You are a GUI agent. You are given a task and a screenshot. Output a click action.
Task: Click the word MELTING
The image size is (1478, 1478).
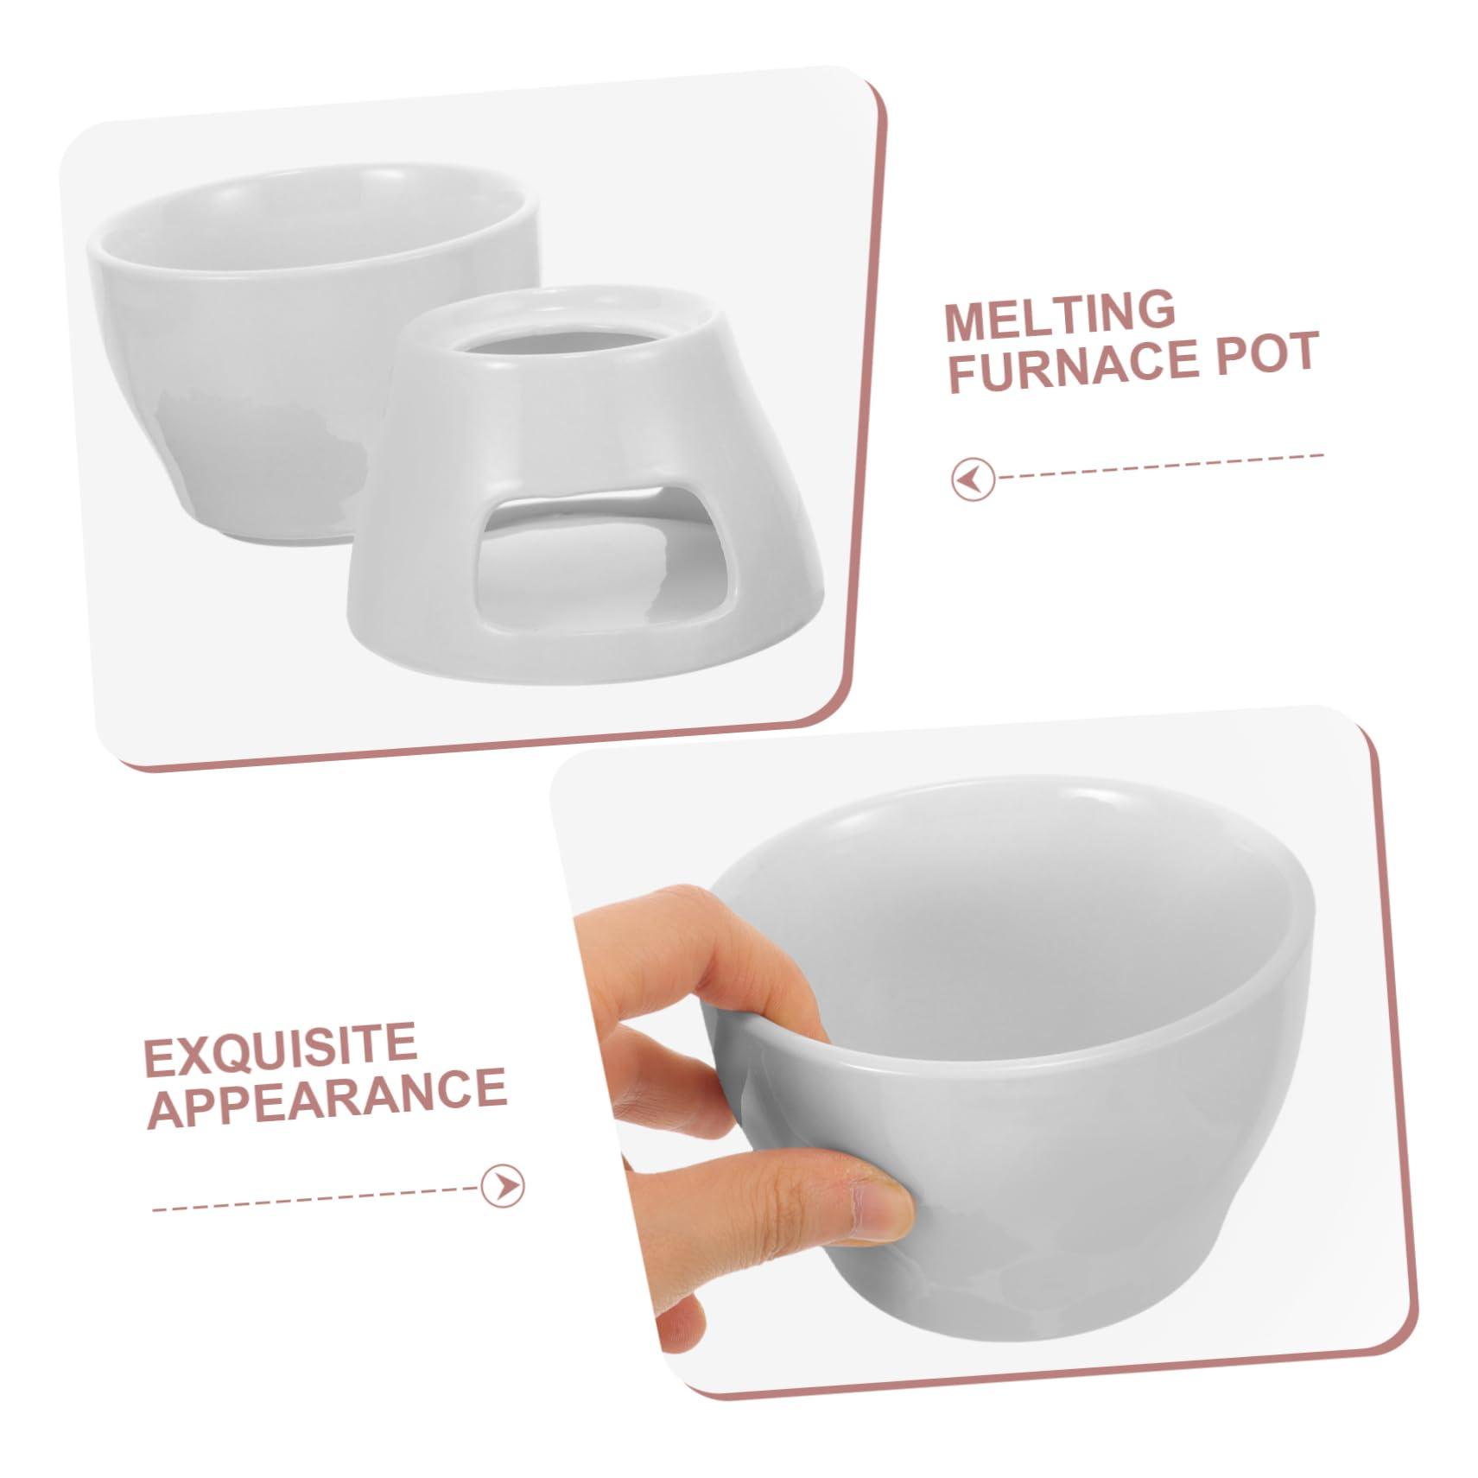click(x=1060, y=315)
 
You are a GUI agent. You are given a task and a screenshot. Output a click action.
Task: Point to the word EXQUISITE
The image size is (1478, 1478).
click(x=280, y=1047)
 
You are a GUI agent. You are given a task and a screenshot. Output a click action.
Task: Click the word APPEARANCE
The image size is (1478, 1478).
click(x=327, y=1099)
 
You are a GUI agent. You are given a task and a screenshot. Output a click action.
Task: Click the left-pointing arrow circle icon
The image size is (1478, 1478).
click(x=974, y=479)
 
